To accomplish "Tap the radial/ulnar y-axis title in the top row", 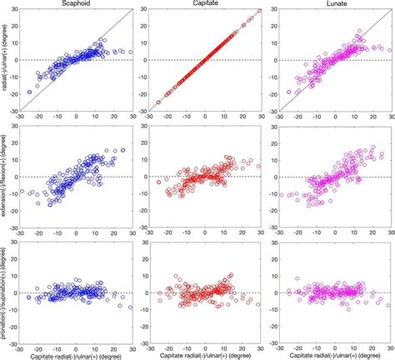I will [7, 60].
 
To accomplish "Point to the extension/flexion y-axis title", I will [7, 177].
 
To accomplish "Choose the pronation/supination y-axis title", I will [7, 293].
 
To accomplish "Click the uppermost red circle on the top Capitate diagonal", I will [259, 11].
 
